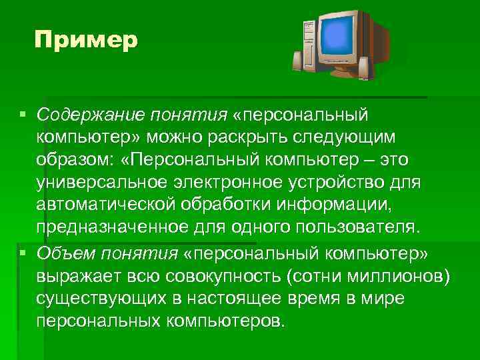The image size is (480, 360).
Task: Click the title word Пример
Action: click(x=86, y=40)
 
